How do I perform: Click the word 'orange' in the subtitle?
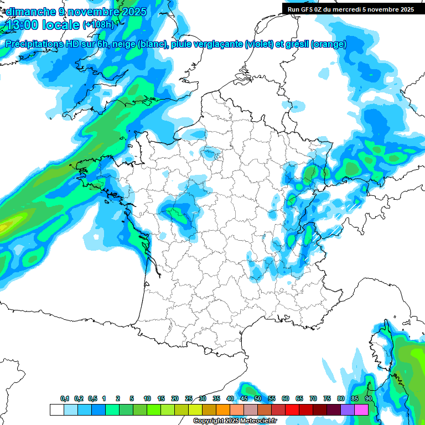pyautogui.click(x=330, y=44)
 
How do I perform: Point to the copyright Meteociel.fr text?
pyautogui.click(x=235, y=421)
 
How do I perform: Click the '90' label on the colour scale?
pyautogui.click(x=368, y=398)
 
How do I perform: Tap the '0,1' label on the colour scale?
pyautogui.click(x=64, y=398)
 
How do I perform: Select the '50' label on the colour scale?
pyautogui.click(x=258, y=398)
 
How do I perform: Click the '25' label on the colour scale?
pyautogui.click(x=189, y=398)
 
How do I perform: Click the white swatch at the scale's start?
pyautogui.click(x=56, y=410)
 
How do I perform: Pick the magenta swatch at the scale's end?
pyautogui.click(x=361, y=410)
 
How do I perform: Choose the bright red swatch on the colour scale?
pyautogui.click(x=292, y=410)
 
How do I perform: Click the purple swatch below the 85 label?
pyautogui.click(x=348, y=410)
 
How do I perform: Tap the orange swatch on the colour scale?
pyautogui.click(x=223, y=410)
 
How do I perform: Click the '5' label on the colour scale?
pyautogui.click(x=132, y=398)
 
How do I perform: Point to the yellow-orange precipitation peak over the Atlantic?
pyautogui.click(x=4, y=226)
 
